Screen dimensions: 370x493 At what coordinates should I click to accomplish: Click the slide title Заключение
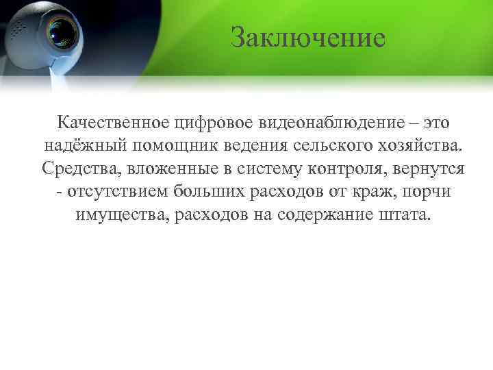pos(307,38)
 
